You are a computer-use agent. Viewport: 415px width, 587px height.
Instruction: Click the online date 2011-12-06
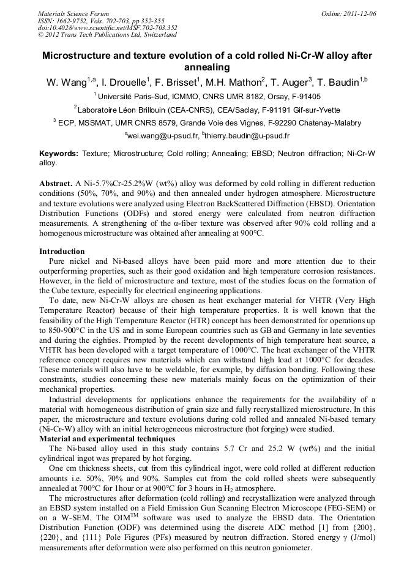coord(358,13)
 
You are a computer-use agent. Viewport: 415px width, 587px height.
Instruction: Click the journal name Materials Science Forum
coord(73,13)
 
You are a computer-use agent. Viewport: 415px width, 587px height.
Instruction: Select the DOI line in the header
coord(108,28)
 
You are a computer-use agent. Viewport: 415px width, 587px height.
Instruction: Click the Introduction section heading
coord(62,252)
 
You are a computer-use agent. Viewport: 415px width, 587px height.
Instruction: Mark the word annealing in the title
coord(207,67)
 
